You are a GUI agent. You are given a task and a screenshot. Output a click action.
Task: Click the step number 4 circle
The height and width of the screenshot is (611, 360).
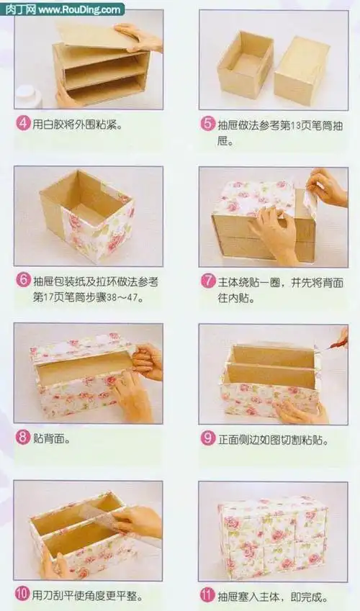(x=23, y=124)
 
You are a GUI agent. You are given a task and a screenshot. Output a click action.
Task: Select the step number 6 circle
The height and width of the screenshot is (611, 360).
(x=23, y=281)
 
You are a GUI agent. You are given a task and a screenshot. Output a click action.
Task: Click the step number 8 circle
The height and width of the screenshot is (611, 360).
(x=23, y=437)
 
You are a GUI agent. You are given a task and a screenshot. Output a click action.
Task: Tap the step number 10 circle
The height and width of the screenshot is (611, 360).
(x=23, y=595)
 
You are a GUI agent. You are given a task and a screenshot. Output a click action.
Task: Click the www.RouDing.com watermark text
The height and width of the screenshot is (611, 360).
(x=79, y=9)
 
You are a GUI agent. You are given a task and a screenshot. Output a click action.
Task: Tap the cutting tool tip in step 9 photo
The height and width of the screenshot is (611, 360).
(x=332, y=346)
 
